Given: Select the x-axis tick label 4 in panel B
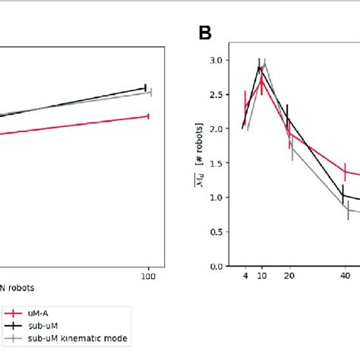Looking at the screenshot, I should (245, 279).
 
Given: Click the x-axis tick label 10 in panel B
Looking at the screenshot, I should (261, 279).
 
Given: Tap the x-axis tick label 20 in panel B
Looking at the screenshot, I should (289, 279).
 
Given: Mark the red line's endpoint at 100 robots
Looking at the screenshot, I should (148, 116).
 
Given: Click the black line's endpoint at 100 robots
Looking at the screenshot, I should (145, 87).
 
